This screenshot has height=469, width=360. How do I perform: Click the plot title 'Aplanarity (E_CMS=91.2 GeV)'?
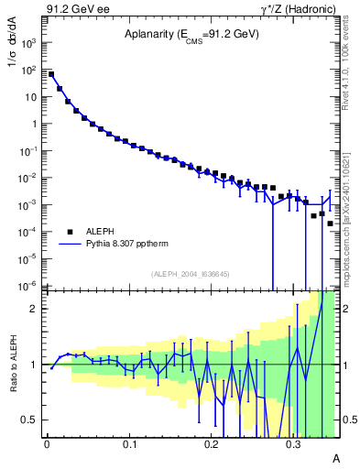pyautogui.click(x=191, y=35)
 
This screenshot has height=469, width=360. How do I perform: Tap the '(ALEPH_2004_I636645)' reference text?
pyautogui.click(x=191, y=273)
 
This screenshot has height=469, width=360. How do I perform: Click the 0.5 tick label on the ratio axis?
pyautogui.click(x=30, y=420)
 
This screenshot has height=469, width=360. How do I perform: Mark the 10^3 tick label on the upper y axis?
pyautogui.click(x=29, y=42)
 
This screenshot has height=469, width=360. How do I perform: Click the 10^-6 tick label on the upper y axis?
pyautogui.click(x=29, y=286)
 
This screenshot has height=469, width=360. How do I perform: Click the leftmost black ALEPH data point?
pyautogui.click(x=51, y=74)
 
